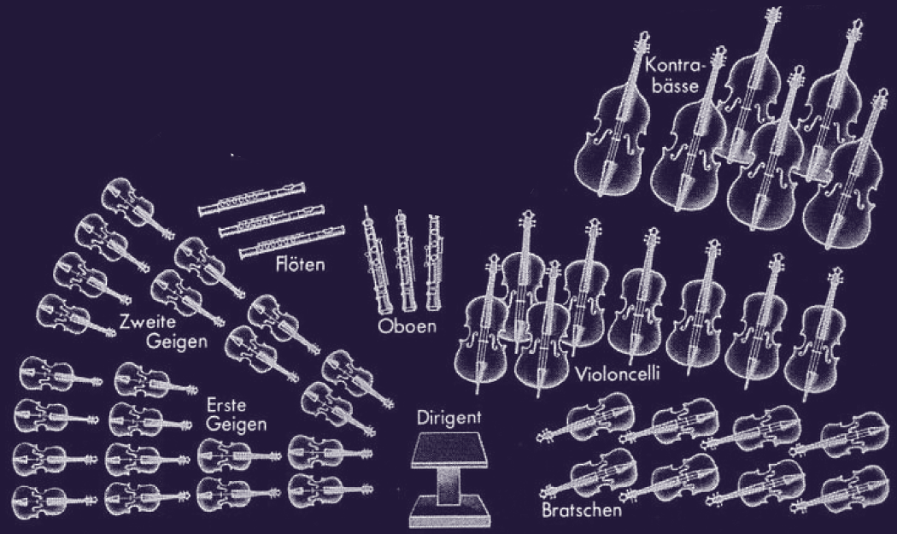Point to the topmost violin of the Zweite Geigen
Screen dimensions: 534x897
point(135,205)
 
